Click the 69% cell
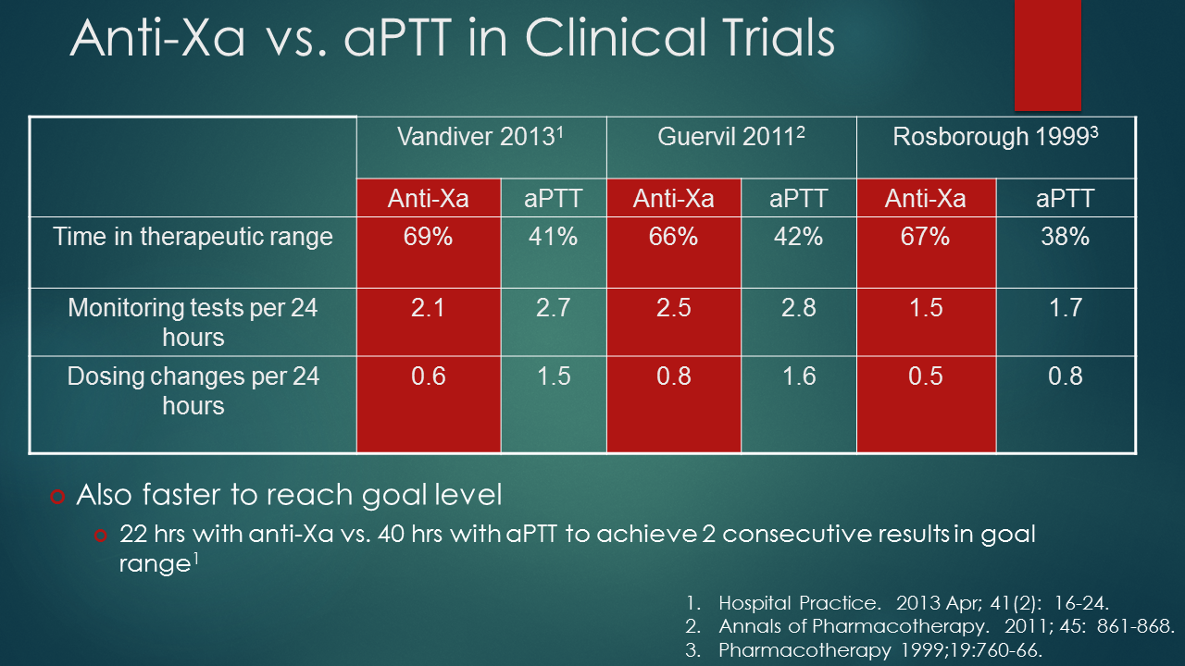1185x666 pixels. click(x=428, y=237)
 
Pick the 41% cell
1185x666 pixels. click(x=553, y=237)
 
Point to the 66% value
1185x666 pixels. click(x=673, y=237)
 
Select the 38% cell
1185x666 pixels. click(x=1066, y=237)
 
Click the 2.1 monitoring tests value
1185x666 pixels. click(x=428, y=307)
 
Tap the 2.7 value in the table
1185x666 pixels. click(x=553, y=307)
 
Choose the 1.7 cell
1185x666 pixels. click(x=1066, y=307)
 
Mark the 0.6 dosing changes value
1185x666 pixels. click(x=428, y=376)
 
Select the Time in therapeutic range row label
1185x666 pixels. click(x=193, y=237)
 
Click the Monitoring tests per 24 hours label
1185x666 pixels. click(x=193, y=321)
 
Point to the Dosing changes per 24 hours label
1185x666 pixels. click(x=193, y=390)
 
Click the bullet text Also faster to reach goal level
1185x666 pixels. click(x=289, y=495)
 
